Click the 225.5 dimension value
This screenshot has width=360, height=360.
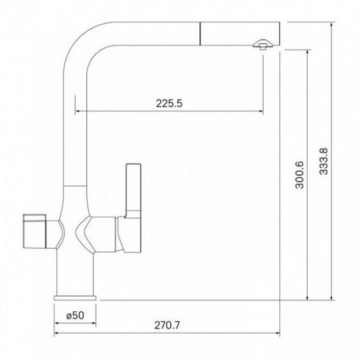(169, 103)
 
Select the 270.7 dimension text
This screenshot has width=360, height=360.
(167, 325)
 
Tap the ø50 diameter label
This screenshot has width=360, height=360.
(75, 315)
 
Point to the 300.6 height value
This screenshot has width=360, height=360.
(299, 175)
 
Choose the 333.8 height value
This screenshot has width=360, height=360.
(324, 162)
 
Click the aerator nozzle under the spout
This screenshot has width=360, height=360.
(263, 44)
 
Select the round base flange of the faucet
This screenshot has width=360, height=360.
(75, 298)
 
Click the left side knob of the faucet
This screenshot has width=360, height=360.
(35, 231)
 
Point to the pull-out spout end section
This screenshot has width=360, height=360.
(240, 34)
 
